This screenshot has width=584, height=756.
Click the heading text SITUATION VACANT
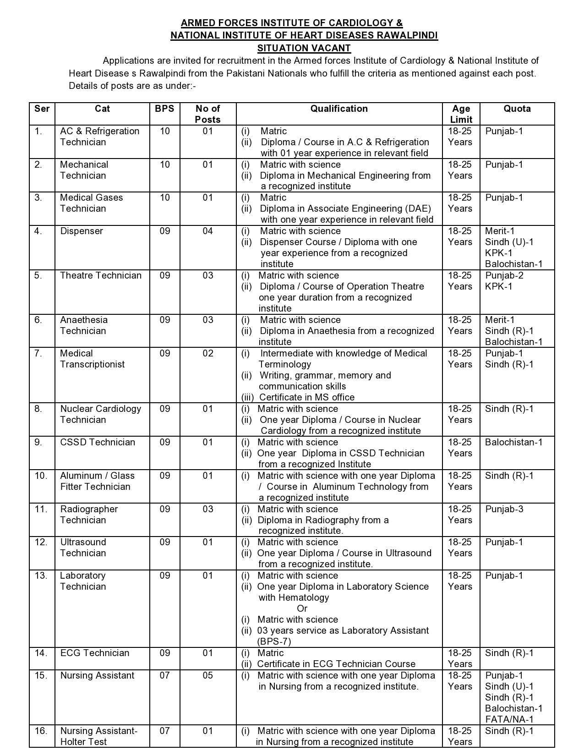point(304,48)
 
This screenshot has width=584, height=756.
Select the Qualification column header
point(339,109)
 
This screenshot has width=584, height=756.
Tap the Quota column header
point(517,109)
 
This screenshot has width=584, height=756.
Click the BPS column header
point(164,109)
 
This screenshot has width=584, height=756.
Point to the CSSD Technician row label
point(98,442)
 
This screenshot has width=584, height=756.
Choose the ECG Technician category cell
point(95,653)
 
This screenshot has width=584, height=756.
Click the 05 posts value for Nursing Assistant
point(208,675)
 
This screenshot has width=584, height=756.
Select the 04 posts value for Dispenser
point(208,231)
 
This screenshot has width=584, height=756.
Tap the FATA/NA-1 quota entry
point(509,719)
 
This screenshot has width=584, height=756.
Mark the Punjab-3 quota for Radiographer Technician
point(504,509)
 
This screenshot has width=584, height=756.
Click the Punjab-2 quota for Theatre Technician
point(504,275)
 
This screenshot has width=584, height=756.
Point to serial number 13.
point(41,575)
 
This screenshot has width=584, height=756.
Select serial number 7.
point(38,353)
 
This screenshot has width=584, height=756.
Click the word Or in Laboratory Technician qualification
point(302,608)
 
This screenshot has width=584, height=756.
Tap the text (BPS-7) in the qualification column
point(274,641)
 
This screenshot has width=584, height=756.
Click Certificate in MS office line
point(306,397)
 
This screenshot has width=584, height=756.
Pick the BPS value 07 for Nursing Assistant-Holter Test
point(164,731)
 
